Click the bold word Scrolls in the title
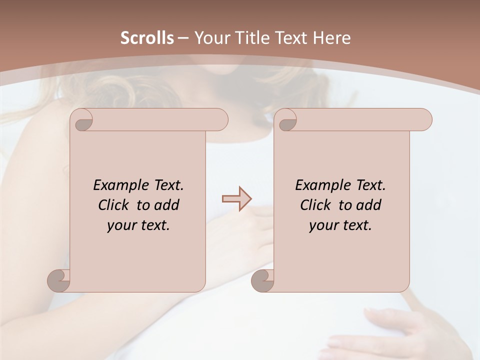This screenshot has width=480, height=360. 147,38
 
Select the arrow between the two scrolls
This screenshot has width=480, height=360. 236,198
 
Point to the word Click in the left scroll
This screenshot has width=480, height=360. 115,205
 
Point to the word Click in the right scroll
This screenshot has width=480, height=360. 317,205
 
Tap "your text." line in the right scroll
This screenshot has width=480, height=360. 340,225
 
